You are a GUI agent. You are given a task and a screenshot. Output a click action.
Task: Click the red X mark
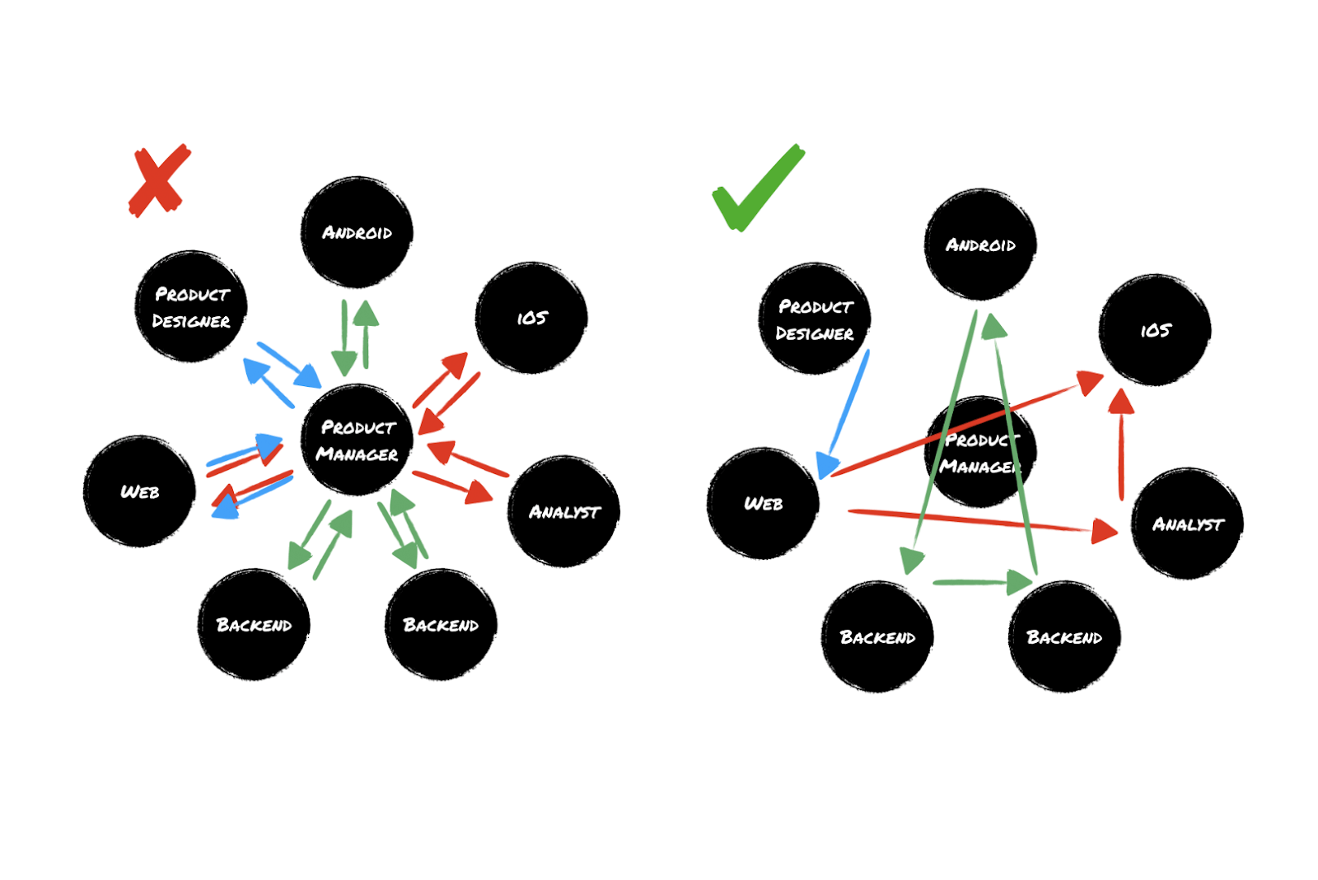point(160,181)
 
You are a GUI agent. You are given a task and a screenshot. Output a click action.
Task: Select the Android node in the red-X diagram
point(357,232)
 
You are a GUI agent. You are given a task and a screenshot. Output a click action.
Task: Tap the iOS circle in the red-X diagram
point(531,318)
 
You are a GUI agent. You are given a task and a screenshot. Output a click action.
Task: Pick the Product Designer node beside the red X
point(191,306)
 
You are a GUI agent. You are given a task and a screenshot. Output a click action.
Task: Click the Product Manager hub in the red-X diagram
point(357,440)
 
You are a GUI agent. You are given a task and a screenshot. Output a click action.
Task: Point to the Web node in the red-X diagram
point(139,491)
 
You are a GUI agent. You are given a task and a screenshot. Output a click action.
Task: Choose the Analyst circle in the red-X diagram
point(564,511)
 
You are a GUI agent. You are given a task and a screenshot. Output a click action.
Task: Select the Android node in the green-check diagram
point(980,244)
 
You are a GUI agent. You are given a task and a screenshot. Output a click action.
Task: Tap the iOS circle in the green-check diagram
point(1155,330)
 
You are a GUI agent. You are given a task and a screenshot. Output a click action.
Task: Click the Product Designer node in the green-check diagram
point(815,319)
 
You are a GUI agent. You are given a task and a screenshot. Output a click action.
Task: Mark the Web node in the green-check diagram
point(763,504)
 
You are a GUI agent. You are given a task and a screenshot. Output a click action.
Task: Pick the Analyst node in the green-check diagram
point(1187,524)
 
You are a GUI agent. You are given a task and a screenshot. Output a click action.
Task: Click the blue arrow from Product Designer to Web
point(846,412)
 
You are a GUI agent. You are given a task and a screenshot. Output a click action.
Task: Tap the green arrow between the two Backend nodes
point(980,583)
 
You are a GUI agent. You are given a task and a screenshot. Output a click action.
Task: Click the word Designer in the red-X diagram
point(191,321)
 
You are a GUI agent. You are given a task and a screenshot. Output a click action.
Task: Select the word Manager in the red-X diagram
point(357,454)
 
